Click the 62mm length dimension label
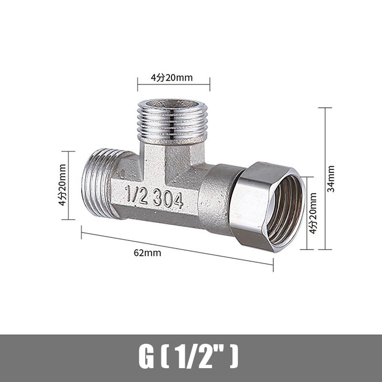[x=147, y=253]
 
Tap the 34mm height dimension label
[x=331, y=178]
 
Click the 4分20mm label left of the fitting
[x=62, y=185]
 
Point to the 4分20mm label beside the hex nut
[x=313, y=213]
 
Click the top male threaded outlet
[x=172, y=122]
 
